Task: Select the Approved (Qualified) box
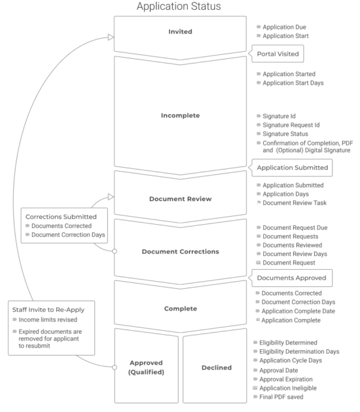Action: click(146, 367)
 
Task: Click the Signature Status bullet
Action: click(285, 134)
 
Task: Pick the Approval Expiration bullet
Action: click(291, 379)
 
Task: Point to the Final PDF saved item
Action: click(285, 397)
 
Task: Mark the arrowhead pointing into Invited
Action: click(110, 37)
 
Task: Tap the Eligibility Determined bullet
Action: click(289, 342)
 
